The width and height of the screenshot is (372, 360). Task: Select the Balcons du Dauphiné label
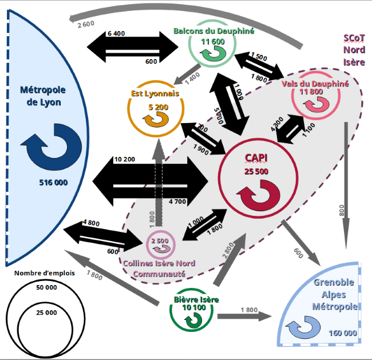click(214, 31)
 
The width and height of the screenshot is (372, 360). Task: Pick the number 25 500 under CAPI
click(257, 171)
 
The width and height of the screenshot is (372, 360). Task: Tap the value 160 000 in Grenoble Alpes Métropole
click(343, 333)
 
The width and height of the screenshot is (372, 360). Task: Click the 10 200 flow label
click(125, 159)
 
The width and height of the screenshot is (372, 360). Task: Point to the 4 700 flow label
click(178, 201)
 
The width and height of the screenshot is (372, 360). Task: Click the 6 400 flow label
click(116, 34)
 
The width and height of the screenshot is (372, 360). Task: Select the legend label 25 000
click(46, 312)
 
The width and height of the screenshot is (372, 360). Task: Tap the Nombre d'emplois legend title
click(44, 273)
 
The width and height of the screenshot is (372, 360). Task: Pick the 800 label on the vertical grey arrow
click(342, 210)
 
